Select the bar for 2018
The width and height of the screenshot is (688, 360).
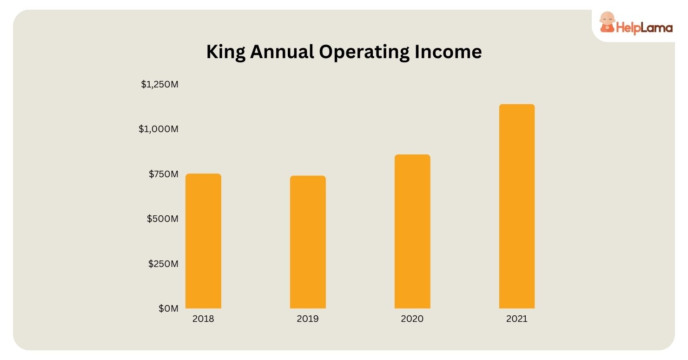pyautogui.click(x=203, y=241)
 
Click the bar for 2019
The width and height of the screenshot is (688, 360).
pyautogui.click(x=308, y=242)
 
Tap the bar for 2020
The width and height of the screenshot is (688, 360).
pyautogui.click(x=412, y=231)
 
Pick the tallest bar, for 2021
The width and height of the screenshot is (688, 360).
pyautogui.click(x=517, y=206)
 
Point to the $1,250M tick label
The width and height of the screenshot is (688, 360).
pyautogui.click(x=160, y=85)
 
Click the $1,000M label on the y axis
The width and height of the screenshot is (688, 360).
pyautogui.click(x=159, y=129)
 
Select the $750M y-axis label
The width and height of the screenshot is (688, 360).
pyautogui.click(x=163, y=174)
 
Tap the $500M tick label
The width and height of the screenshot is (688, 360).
pyautogui.click(x=163, y=219)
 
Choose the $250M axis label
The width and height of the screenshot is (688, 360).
pyautogui.click(x=163, y=264)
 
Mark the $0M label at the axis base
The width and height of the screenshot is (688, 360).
pyautogui.click(x=168, y=308)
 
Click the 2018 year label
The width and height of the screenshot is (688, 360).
pyautogui.click(x=203, y=319)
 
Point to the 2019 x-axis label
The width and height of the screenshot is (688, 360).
pyautogui.click(x=308, y=319)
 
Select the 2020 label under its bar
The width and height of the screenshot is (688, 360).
pyautogui.click(x=412, y=319)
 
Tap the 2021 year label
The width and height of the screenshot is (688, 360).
pyautogui.click(x=517, y=319)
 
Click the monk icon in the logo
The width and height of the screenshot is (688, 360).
pyautogui.click(x=606, y=23)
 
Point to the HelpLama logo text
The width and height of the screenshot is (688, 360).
pyautogui.click(x=644, y=28)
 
